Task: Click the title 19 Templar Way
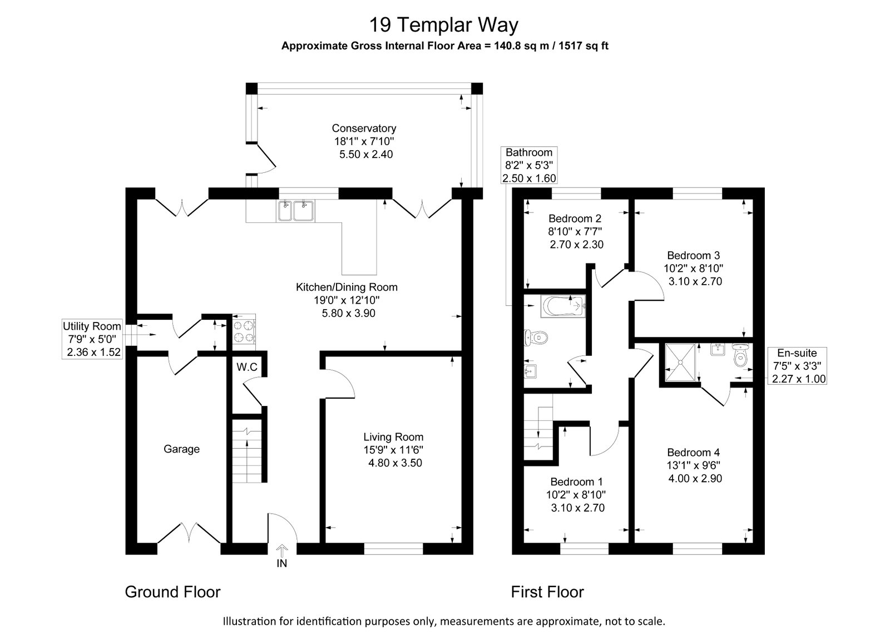444,24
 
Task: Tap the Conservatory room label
364,128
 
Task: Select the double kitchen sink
296,211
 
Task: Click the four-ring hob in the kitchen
244,331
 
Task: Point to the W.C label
247,367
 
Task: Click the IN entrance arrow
281,550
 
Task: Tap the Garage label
181,449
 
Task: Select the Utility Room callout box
92,339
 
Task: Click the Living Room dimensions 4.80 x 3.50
395,463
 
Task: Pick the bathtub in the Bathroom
563,306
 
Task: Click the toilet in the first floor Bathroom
536,338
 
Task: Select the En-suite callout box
797,366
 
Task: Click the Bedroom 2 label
575,218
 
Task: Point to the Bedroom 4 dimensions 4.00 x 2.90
695,478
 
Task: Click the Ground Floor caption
172,592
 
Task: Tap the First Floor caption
547,592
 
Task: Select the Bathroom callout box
529,165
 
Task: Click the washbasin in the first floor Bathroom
531,372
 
